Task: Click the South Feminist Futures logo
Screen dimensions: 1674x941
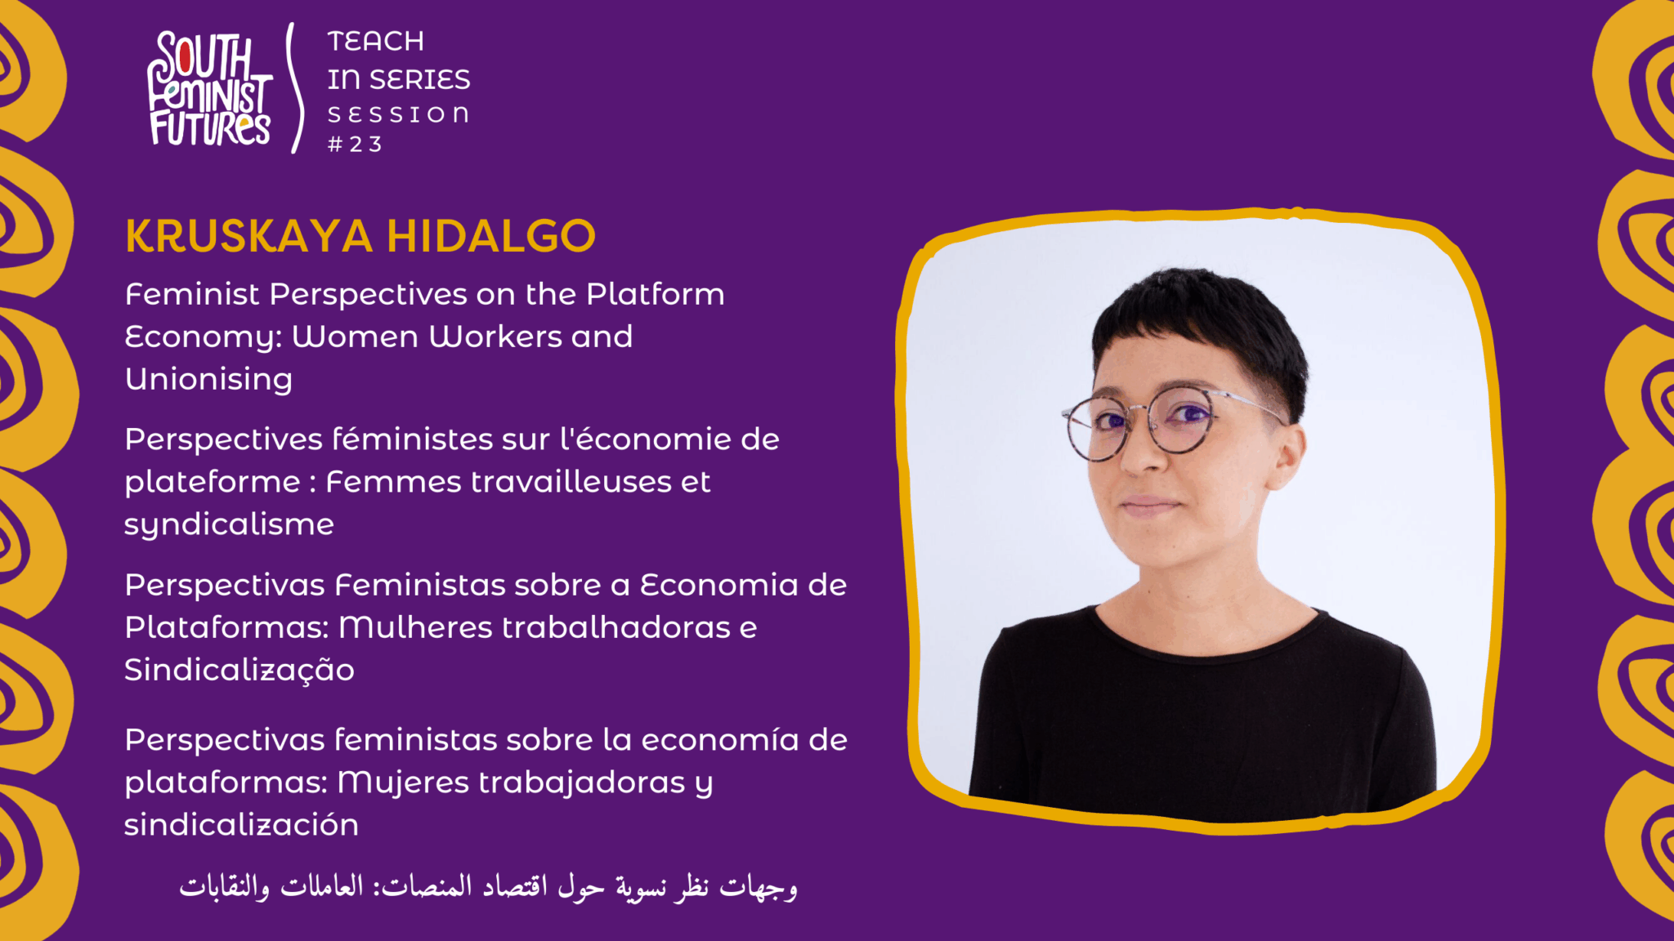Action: pos(209,88)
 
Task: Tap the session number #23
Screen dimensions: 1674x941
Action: pos(355,145)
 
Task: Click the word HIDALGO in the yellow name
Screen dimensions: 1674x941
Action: pos(491,236)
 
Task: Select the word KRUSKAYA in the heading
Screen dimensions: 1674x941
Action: pos(249,236)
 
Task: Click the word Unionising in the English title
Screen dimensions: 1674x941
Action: pos(208,380)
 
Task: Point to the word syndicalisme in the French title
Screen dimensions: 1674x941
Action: pos(229,524)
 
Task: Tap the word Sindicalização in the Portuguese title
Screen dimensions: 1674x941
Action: pos(239,671)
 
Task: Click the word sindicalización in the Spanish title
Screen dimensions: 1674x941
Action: pos(241,824)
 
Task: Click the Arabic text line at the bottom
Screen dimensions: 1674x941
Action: pos(488,885)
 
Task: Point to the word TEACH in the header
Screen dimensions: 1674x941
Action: pos(376,41)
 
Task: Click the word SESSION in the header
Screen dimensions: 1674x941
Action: pos(399,114)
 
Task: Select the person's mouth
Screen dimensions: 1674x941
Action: pos(1151,505)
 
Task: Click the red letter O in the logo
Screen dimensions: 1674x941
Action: pos(185,58)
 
